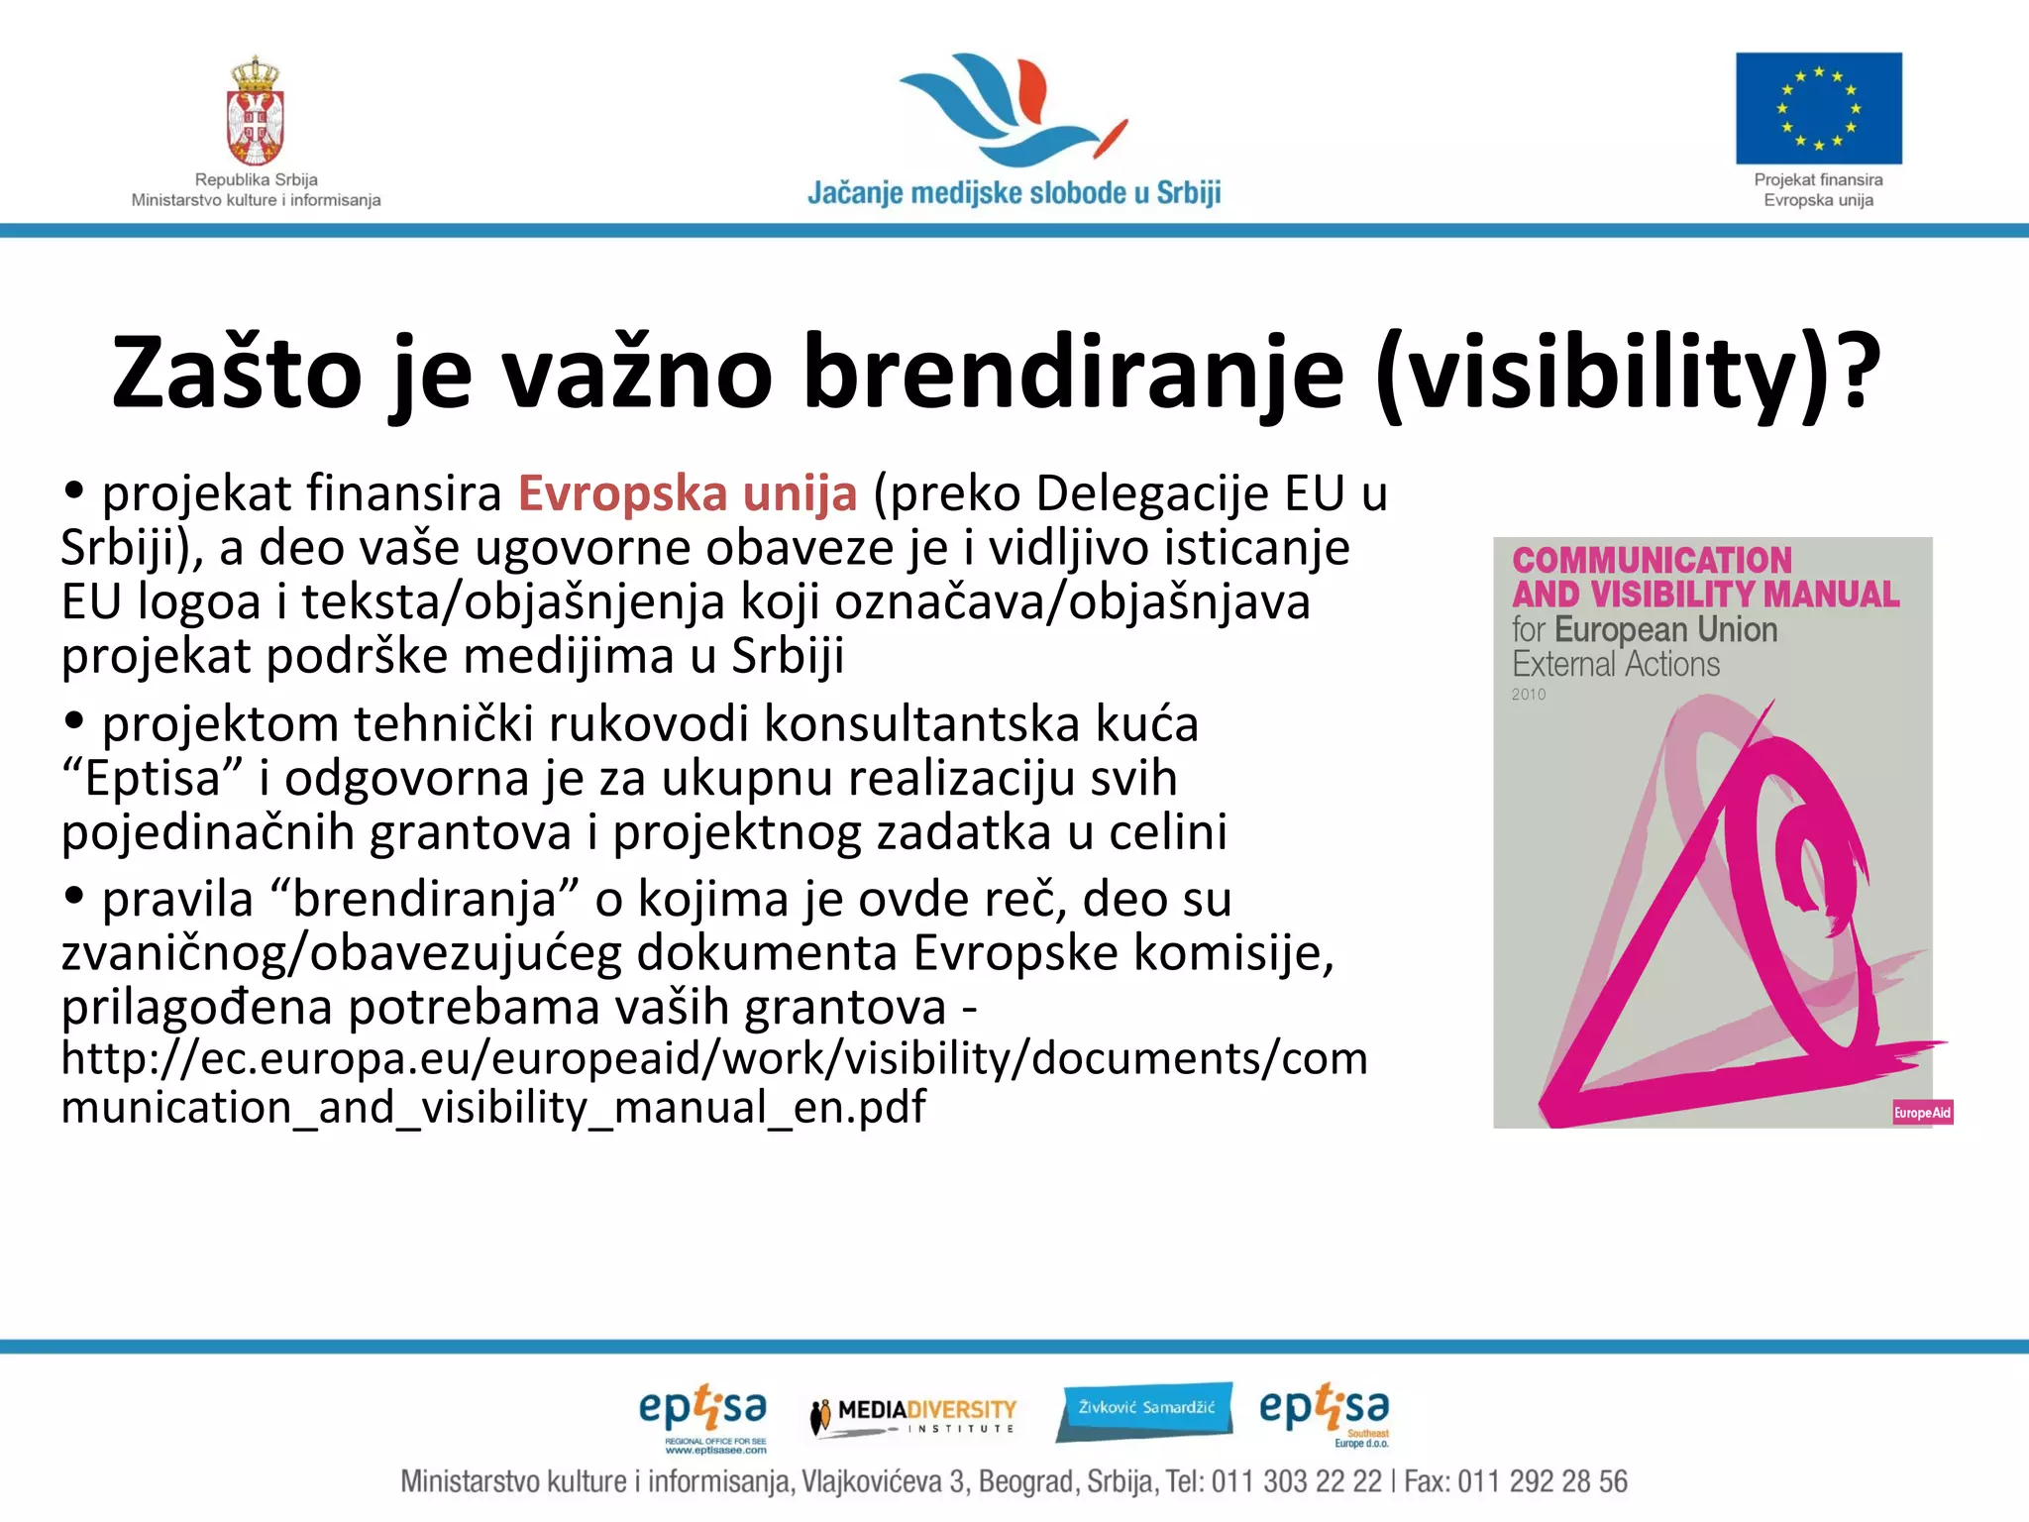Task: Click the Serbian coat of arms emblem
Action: click(256, 111)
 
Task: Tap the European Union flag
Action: click(1818, 108)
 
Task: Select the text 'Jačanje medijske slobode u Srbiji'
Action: click(1014, 192)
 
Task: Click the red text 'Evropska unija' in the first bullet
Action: click(688, 493)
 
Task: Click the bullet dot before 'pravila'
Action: click(73, 895)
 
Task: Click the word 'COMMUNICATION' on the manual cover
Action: click(1652, 561)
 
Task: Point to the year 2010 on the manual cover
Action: click(1528, 695)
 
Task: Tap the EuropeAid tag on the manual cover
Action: click(1921, 1113)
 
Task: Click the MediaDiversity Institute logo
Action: click(913, 1415)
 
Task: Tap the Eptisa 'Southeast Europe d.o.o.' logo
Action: click(1325, 1415)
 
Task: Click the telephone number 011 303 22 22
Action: click(1296, 1482)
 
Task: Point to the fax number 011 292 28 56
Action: click(1542, 1482)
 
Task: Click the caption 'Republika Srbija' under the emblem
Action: click(256, 179)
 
